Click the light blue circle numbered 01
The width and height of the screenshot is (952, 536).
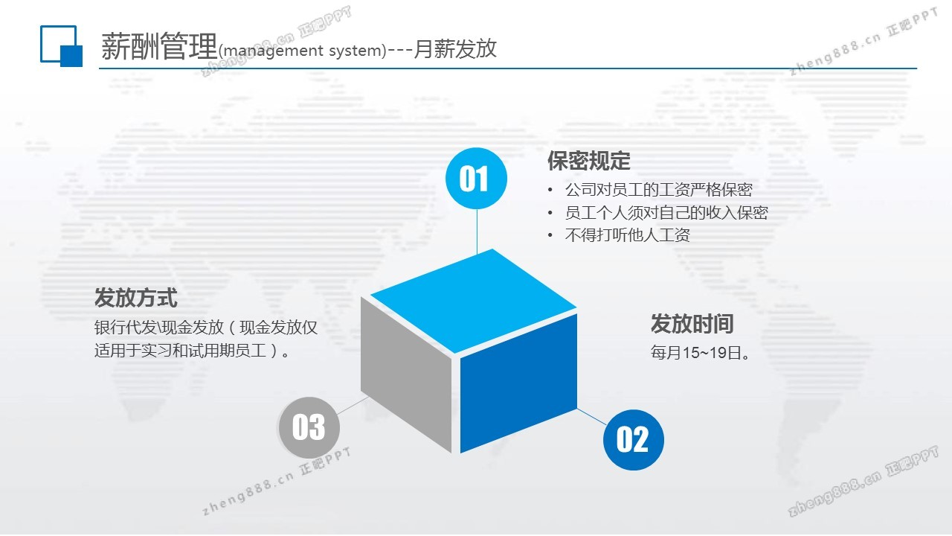click(476, 178)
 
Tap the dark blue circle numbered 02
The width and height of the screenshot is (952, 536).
click(633, 439)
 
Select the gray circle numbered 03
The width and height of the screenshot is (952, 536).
click(309, 427)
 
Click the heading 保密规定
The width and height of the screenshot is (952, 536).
click(588, 161)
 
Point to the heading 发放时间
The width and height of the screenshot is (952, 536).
click(692, 324)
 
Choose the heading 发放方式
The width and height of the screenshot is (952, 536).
click(136, 297)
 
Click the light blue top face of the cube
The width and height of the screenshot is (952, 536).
click(474, 301)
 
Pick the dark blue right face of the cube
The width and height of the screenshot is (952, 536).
click(518, 383)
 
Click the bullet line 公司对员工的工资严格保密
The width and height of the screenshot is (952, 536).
click(658, 190)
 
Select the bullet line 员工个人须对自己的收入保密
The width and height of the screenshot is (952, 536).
click(666, 212)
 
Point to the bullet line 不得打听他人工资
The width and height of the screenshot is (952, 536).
click(627, 234)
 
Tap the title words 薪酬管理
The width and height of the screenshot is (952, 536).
click(159, 46)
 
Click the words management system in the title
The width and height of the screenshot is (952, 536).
click(302, 51)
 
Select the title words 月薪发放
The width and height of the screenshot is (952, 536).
click(455, 48)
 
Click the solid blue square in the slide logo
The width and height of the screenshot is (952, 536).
click(71, 56)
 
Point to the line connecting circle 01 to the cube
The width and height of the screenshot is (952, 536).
click(477, 231)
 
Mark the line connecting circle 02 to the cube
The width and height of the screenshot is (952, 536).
click(592, 417)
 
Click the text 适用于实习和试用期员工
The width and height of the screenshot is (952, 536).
click(180, 351)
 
